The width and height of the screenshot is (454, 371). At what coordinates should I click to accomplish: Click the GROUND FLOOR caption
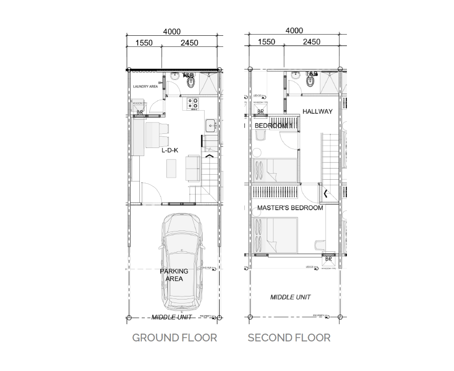point(174,337)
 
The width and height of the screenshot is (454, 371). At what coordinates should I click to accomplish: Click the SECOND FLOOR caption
point(289,337)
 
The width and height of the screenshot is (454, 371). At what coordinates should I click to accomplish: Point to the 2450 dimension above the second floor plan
point(312,42)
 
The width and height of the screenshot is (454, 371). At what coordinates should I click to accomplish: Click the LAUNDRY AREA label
point(145,87)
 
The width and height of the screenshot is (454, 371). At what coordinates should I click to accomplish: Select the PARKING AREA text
point(174,275)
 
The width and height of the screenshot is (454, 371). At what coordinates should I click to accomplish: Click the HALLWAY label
point(317,111)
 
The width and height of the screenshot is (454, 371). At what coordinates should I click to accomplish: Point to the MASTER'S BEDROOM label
point(290,207)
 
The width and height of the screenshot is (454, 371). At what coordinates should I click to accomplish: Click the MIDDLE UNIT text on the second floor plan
point(290,297)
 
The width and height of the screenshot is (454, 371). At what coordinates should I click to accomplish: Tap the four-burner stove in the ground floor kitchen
point(193,104)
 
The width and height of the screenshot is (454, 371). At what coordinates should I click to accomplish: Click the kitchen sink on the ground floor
point(210,123)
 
